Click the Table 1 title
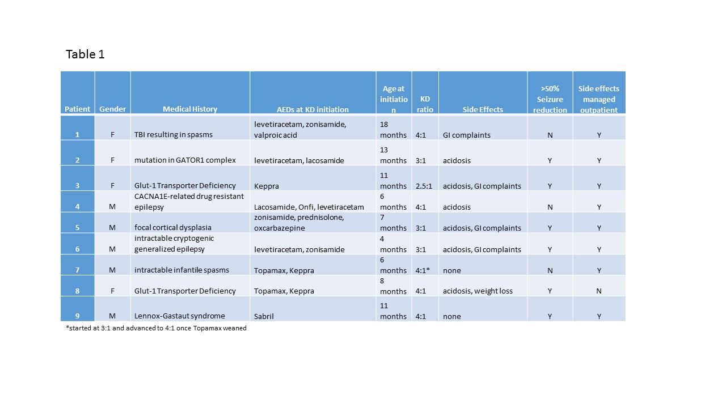point(85,54)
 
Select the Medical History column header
point(189,109)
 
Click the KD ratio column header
point(425,104)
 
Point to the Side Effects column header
point(483,109)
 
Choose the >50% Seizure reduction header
point(550,99)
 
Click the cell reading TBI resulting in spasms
point(173,135)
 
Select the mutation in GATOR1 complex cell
point(185,160)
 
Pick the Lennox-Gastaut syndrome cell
point(180,316)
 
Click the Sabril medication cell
point(264,316)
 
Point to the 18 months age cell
point(393,129)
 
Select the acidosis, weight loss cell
point(478,291)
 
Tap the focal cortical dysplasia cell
point(173,228)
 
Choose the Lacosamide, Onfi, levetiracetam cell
point(309,207)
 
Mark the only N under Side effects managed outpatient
point(599,291)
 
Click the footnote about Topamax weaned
point(157,328)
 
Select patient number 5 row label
point(78,228)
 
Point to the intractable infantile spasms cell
point(182,270)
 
